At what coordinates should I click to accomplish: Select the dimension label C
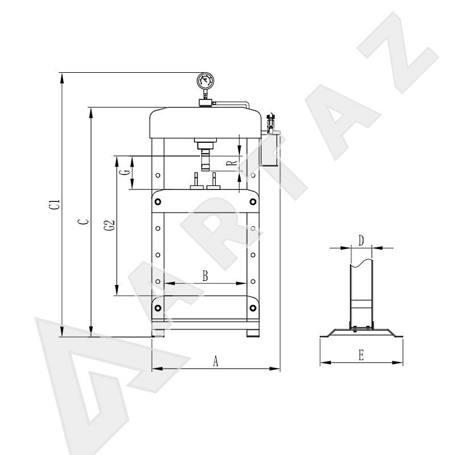(x=83, y=222)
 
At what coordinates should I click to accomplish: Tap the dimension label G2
(x=109, y=225)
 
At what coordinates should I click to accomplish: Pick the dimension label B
(x=205, y=276)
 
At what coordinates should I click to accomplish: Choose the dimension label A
(x=216, y=361)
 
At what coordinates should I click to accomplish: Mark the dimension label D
(x=361, y=241)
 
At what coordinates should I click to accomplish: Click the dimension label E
(x=361, y=355)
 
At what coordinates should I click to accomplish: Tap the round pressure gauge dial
(x=205, y=80)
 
